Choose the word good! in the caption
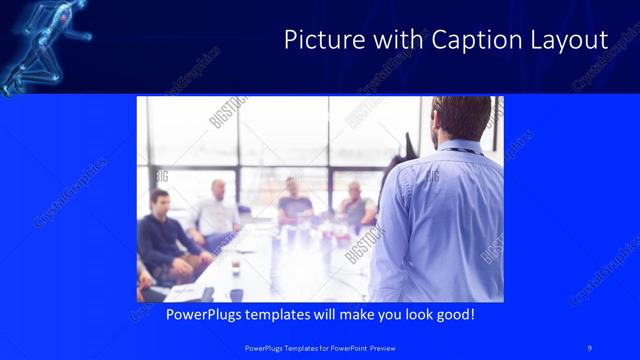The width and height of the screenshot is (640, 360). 456,315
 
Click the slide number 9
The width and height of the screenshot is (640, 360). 590,347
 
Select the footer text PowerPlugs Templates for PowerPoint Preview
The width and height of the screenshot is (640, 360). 319,347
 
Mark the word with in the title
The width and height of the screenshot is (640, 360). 398,40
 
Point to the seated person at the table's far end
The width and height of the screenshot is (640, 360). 294,200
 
